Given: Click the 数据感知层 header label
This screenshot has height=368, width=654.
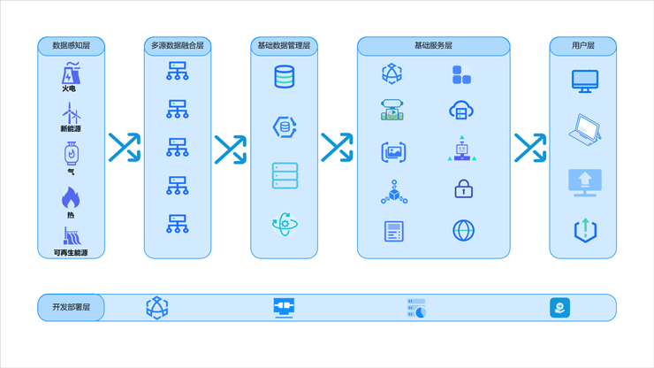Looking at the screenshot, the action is (72, 45).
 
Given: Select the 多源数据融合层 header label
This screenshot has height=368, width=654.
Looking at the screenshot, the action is (178, 45).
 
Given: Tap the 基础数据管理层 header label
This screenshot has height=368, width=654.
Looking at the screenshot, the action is (284, 45).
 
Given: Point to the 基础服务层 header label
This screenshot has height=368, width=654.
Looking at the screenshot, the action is (433, 45).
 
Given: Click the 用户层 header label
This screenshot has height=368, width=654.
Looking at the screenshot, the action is (583, 45).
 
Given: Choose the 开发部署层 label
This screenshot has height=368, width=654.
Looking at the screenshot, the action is (72, 308).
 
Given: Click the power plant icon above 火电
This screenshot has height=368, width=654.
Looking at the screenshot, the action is (71, 73).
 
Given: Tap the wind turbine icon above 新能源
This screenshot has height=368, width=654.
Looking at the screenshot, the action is (72, 112).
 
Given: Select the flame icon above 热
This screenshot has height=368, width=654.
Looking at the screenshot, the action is (71, 197).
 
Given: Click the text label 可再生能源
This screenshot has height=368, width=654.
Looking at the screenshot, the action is (71, 253).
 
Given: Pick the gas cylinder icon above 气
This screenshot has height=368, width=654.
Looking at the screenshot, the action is (72, 154).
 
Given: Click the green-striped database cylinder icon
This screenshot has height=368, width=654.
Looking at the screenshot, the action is (285, 76).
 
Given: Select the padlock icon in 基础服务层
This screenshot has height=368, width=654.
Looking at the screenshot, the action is (463, 188).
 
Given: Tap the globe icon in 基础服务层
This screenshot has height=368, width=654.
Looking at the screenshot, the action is (463, 231).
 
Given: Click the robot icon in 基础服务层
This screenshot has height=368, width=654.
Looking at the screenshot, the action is (461, 149).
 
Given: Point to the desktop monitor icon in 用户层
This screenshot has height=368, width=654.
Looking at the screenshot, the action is (585, 81).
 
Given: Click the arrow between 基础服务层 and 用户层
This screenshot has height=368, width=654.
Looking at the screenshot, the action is (530, 148).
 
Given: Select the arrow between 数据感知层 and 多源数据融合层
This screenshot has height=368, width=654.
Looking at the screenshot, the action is (125, 148).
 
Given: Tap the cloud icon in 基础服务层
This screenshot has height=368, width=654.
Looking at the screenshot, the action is (461, 111).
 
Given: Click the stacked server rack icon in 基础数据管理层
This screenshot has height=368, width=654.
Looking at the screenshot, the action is (285, 175).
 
